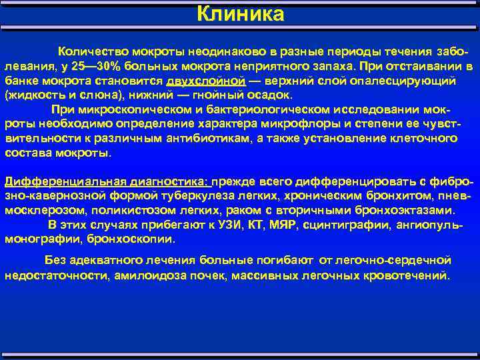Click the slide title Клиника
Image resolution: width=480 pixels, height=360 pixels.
point(240,14)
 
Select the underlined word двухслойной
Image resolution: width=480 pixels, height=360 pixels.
point(206,81)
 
